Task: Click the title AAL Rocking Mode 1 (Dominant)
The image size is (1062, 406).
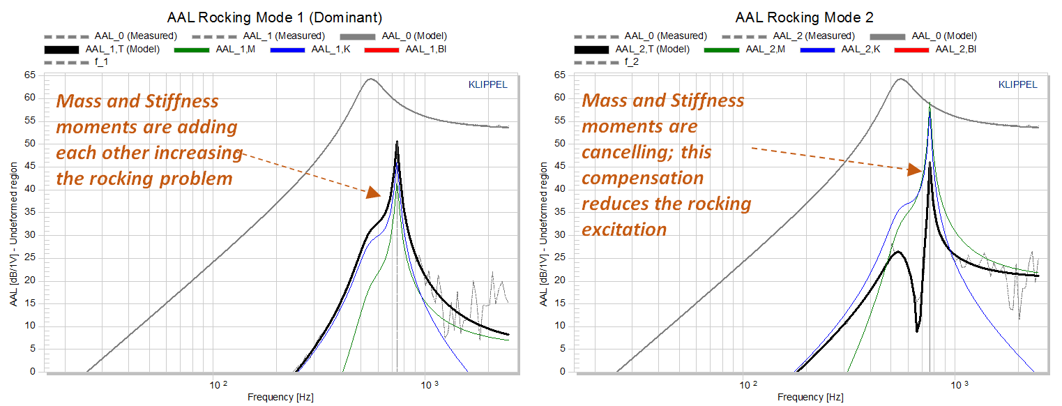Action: point(275,17)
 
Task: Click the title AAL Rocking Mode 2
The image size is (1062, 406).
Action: point(804,17)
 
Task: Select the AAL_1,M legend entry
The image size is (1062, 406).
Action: point(215,50)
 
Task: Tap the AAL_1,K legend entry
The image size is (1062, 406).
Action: point(310,50)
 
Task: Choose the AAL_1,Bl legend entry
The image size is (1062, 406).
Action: point(405,50)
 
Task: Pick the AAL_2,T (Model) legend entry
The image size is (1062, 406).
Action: point(632,50)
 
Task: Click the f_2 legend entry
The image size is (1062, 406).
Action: point(607,62)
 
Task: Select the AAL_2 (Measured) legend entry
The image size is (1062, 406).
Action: point(789,36)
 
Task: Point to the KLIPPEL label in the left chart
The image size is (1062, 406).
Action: point(488,85)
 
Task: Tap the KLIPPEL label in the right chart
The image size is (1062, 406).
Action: point(1018,85)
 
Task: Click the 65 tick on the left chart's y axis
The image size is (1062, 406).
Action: point(30,75)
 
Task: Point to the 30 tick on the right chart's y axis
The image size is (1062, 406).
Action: point(560,234)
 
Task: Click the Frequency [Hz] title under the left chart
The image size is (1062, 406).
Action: point(281,397)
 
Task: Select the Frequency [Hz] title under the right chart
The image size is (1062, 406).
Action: point(811,397)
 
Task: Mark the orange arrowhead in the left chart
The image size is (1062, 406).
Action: point(374,192)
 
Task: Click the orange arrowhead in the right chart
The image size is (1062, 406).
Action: point(915,170)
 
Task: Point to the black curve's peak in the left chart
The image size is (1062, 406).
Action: point(397,142)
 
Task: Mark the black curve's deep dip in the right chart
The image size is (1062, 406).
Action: point(918,331)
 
